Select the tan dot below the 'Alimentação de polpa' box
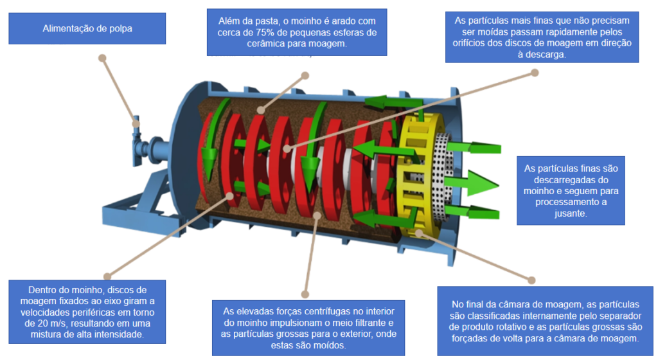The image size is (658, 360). click(102, 57)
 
